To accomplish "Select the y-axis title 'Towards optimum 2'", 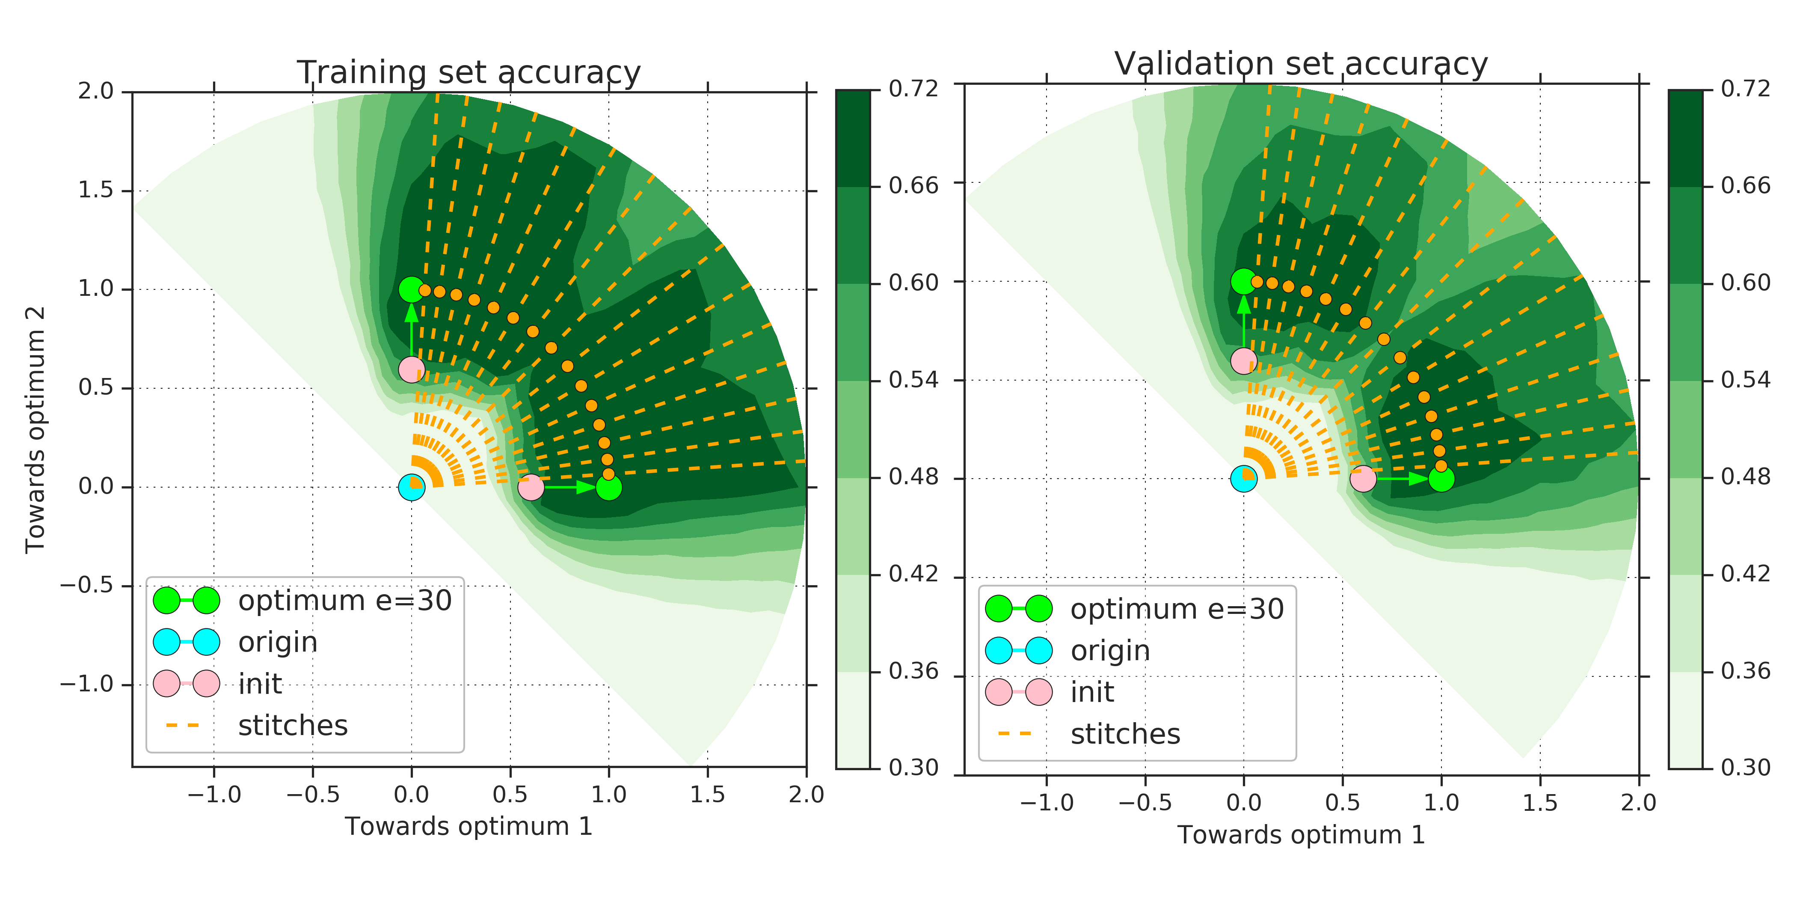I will (35, 429).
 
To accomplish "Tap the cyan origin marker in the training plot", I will (412, 487).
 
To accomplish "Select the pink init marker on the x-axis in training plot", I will (531, 487).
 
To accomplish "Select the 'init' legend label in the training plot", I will (260, 684).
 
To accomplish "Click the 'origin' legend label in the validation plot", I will (1110, 651).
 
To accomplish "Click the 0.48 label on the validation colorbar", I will (1745, 477).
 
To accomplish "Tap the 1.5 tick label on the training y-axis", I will (95, 190).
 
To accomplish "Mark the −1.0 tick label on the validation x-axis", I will (1047, 803).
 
